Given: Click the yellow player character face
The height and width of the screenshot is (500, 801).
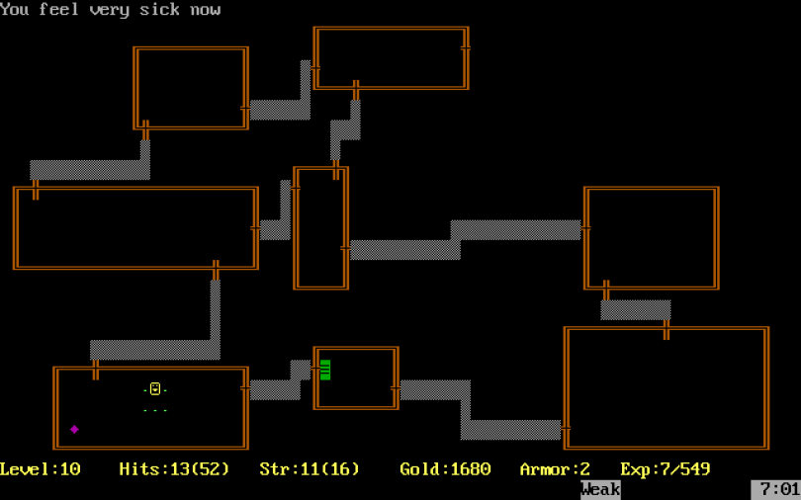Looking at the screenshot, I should point(155,389).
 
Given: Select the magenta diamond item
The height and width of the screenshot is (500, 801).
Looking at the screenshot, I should point(74,429).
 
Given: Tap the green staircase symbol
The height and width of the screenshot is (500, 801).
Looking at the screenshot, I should point(324,370).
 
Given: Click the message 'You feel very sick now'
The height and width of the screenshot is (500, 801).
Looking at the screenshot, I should point(111,10).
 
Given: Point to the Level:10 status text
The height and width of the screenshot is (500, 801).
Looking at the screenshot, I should point(41,469).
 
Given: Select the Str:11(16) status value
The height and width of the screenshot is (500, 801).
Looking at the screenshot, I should point(310,469).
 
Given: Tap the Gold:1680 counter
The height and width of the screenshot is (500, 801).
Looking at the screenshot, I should point(445,469).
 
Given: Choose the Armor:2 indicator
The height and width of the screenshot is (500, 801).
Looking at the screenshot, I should point(555,469).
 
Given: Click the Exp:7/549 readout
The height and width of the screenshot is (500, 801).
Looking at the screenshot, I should point(666,469).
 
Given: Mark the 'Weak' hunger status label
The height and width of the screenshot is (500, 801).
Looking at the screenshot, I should point(600,489).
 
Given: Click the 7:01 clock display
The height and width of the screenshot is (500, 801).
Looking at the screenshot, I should point(775,489).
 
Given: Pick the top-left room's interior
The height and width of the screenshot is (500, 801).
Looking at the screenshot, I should point(191,88).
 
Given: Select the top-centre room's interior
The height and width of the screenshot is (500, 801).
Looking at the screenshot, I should point(390,58).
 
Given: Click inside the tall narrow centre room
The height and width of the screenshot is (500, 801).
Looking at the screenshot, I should point(320,228).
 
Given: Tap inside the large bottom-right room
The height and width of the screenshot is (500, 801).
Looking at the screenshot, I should point(667,388).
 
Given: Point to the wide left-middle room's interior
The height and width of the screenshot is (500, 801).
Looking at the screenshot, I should point(134,228).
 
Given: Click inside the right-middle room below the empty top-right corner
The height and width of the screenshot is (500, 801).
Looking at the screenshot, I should point(652,237).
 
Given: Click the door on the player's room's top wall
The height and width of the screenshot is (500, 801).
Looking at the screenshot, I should point(96,369).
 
